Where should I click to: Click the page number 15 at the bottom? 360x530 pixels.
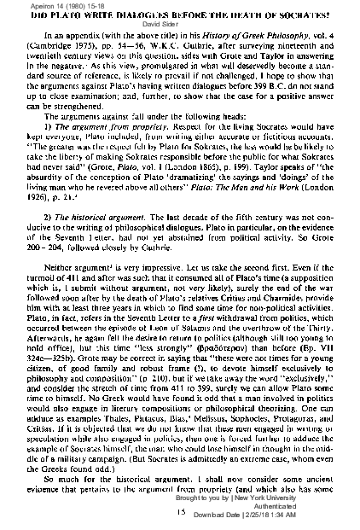click(180, 511)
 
